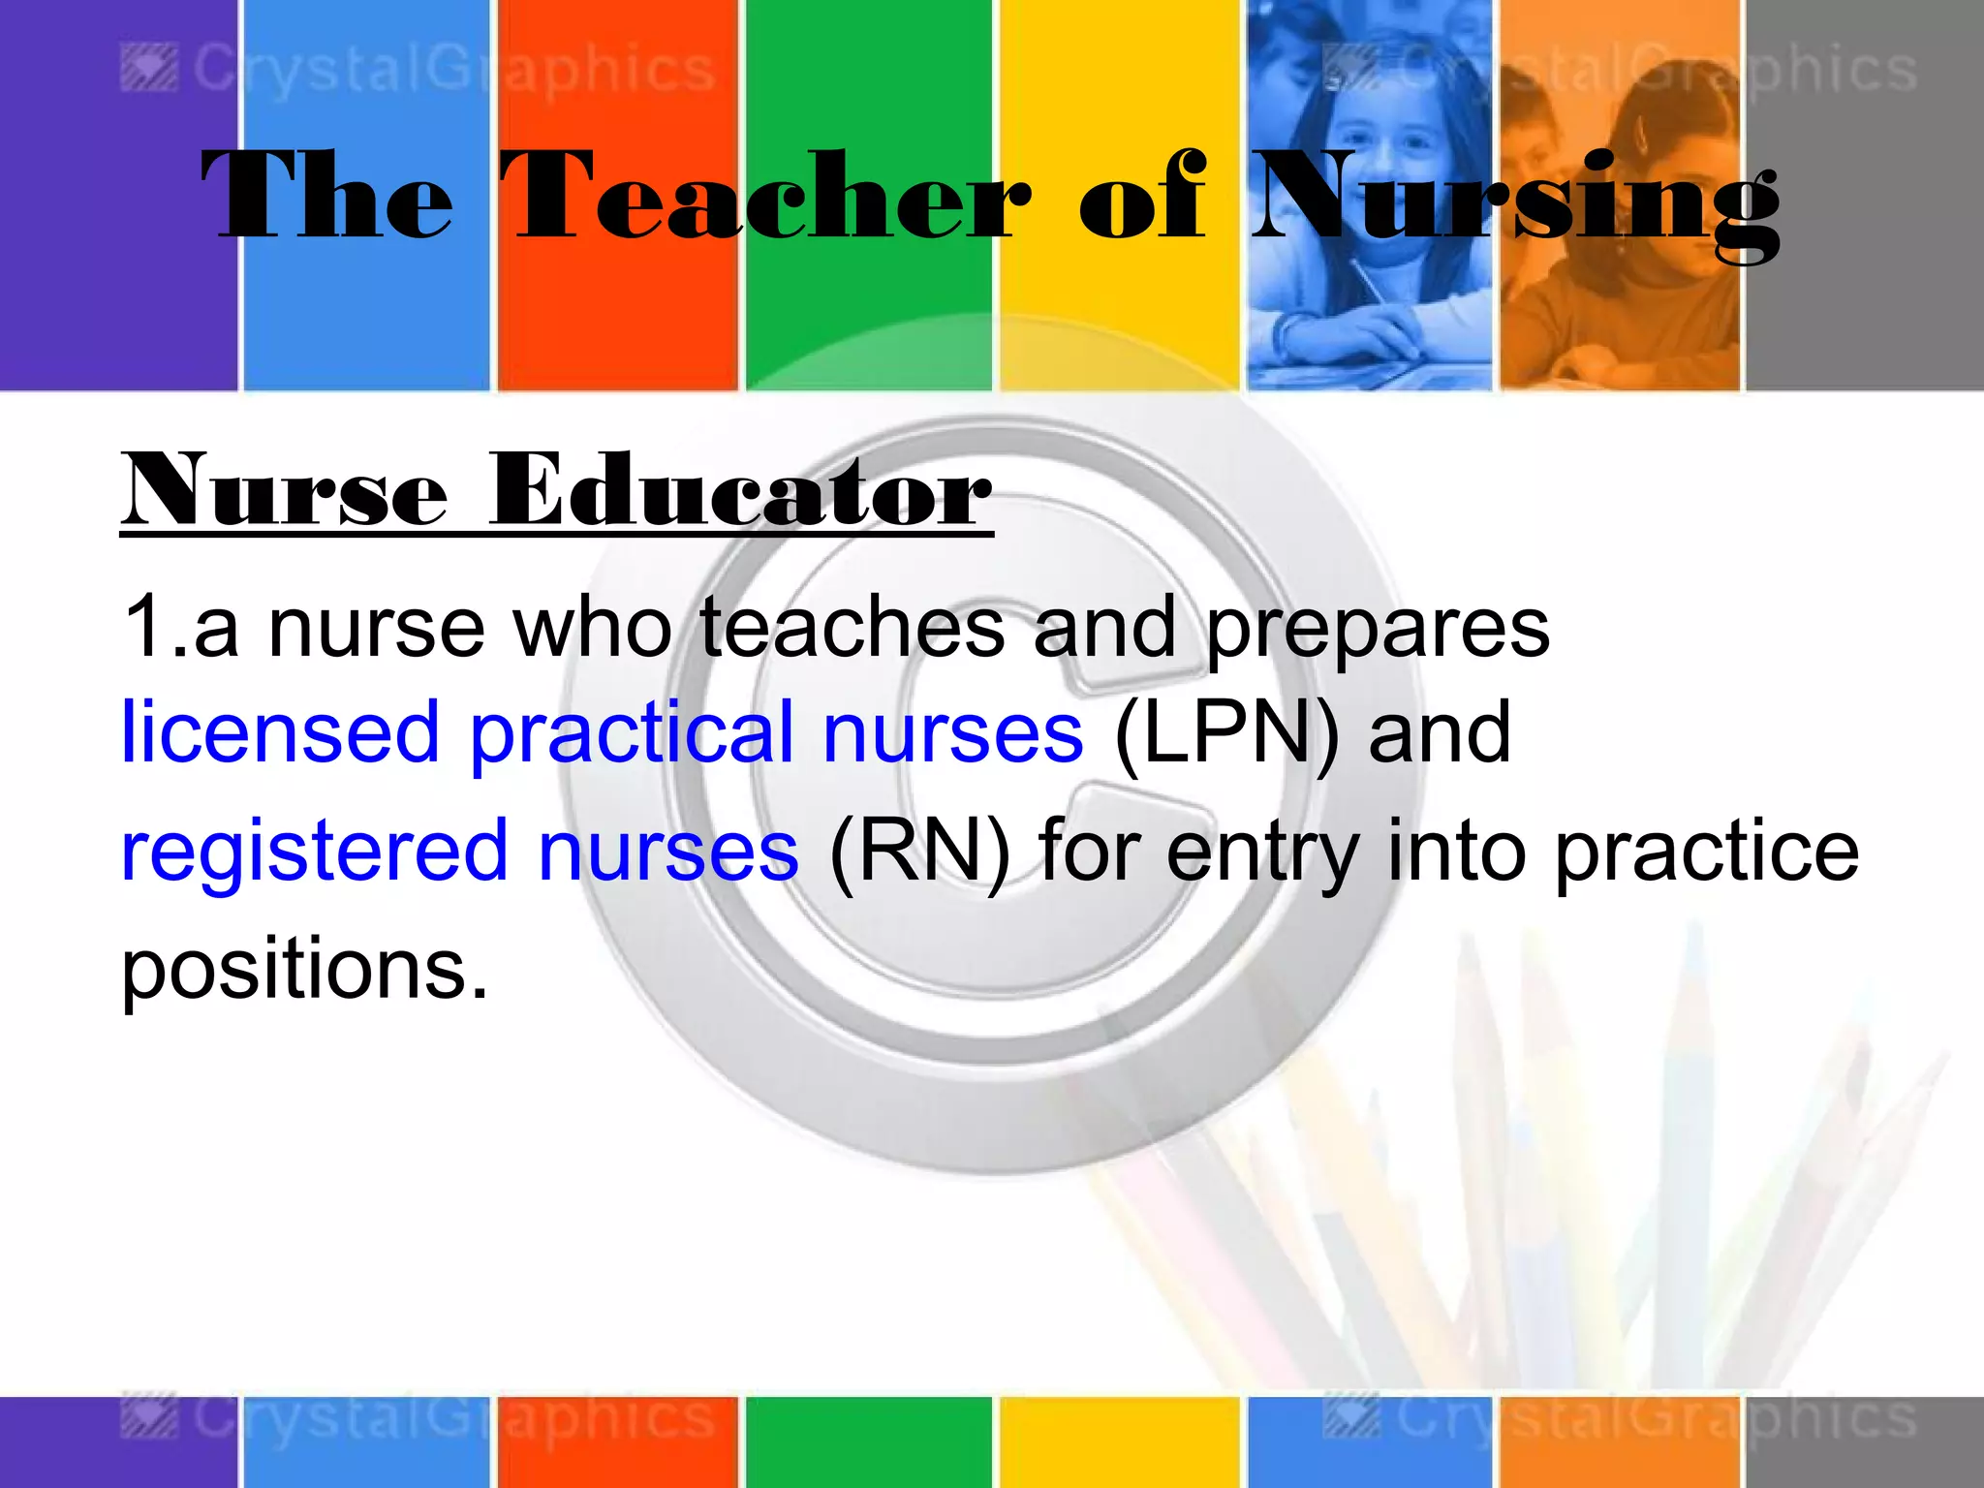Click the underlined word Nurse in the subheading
click(x=286, y=491)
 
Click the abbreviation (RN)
click(x=919, y=851)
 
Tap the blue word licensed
click(x=281, y=733)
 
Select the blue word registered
click(x=314, y=851)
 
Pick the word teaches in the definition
click(x=852, y=628)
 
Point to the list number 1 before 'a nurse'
click(x=145, y=628)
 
